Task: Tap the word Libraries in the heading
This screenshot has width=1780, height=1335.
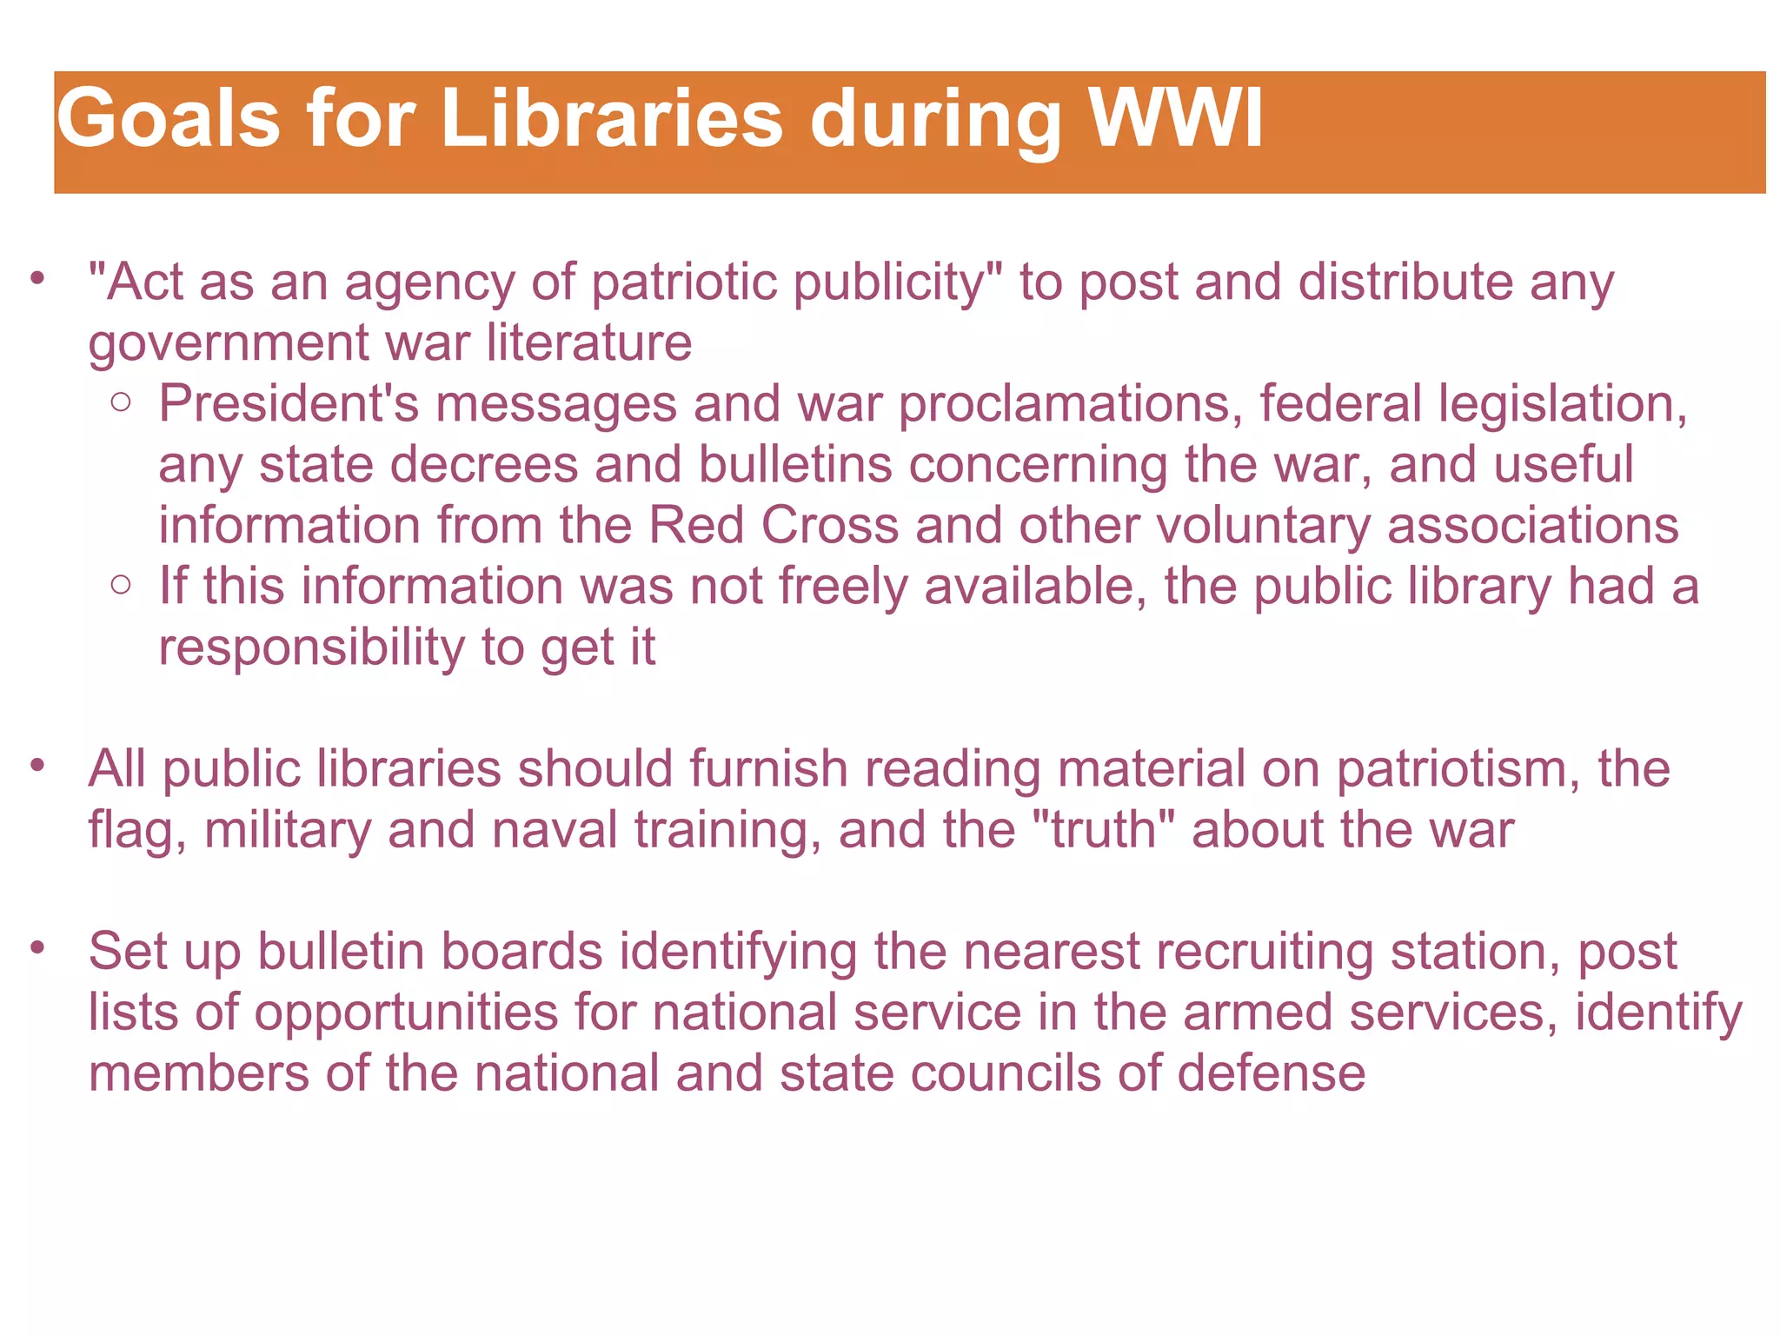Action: click(612, 119)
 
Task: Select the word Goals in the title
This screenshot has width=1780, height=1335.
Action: click(169, 119)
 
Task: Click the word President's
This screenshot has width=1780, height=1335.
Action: click(289, 404)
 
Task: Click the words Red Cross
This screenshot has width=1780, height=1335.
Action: click(774, 526)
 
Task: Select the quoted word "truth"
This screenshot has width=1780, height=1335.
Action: click(1103, 830)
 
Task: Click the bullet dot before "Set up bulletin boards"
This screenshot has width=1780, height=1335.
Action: click(37, 946)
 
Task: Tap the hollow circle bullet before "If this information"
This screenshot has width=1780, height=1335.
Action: click(122, 585)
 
